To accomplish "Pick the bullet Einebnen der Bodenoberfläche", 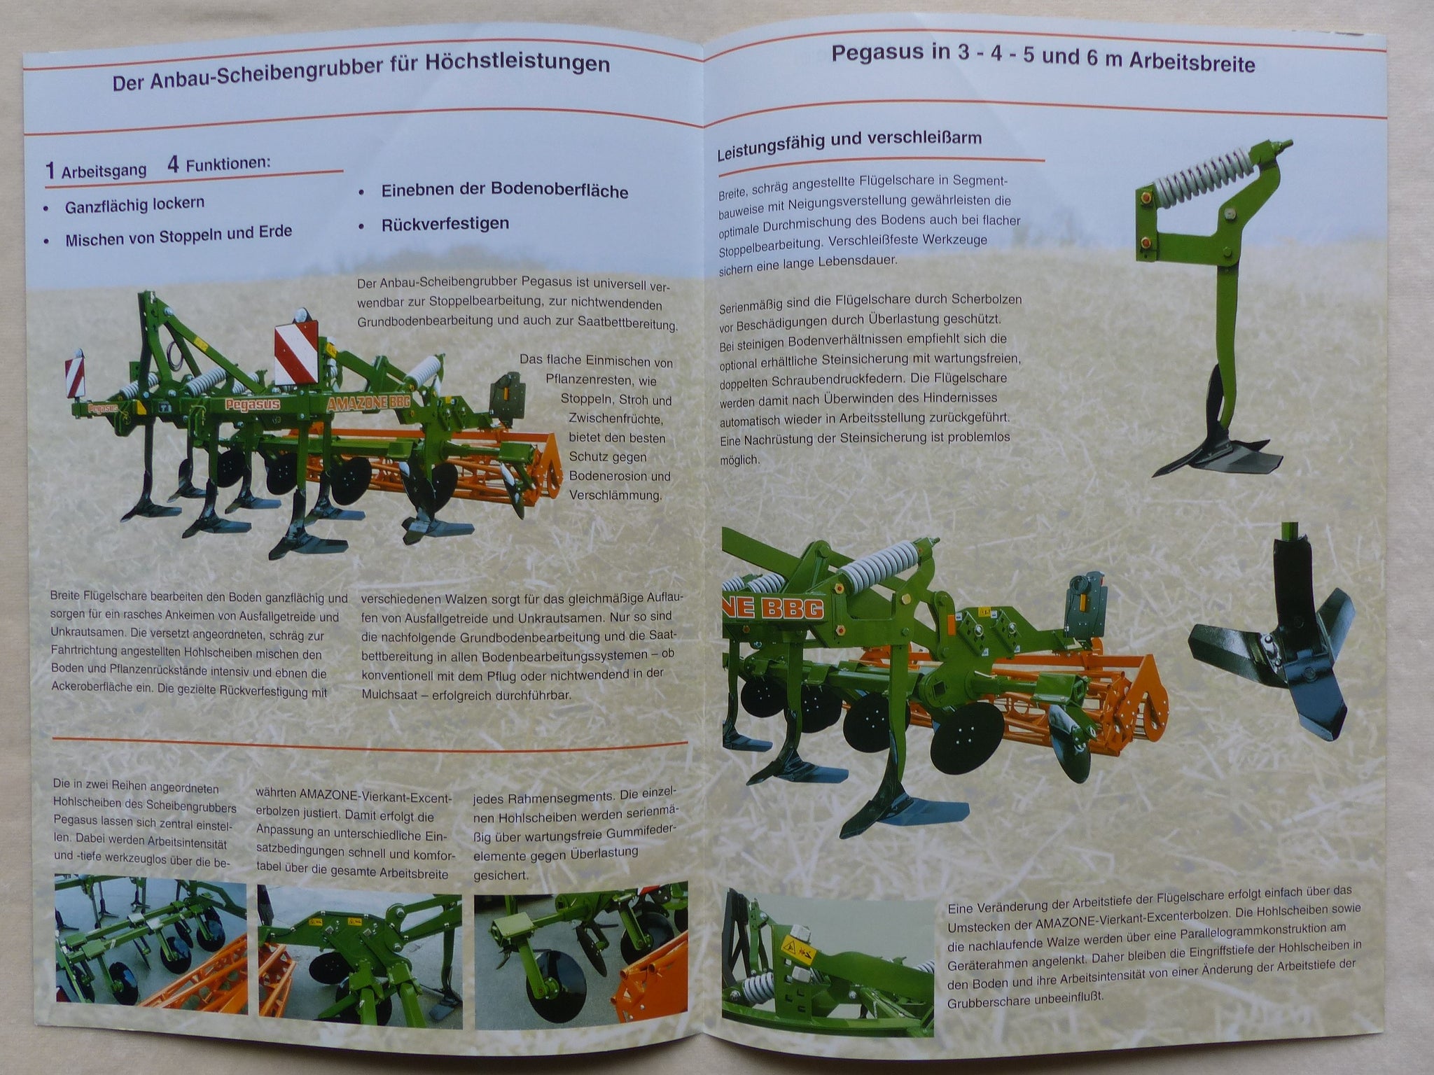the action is tap(504, 191).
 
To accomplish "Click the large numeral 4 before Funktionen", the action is tap(173, 165).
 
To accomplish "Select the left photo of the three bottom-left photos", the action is tap(151, 950).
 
